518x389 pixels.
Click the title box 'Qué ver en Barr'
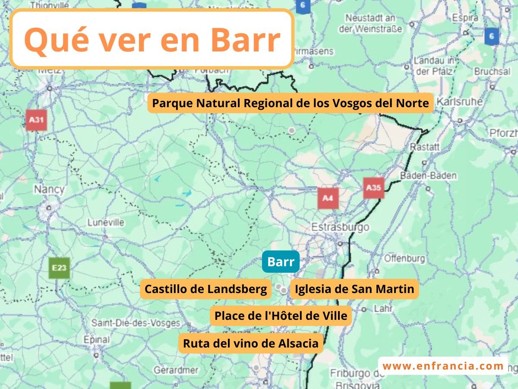pos(152,39)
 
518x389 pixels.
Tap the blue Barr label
pos(281,262)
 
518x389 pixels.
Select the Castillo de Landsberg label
pos(205,289)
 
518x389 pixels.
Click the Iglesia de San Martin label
pos(354,289)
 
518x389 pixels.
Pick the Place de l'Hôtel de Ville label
pos(281,316)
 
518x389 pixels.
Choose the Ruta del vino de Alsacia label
pos(250,344)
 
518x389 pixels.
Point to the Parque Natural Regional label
pos(290,103)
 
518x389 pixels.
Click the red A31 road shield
pos(36,120)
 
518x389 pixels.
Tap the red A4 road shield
pos(328,198)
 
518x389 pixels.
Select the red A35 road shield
pos(373,188)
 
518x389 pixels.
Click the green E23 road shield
pos(59,268)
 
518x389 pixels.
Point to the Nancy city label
pos(49,189)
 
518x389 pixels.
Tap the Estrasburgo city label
pos(340,226)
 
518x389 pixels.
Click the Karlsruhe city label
pos(459,102)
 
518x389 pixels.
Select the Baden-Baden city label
pos(428,176)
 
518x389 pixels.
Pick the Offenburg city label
pos(404,258)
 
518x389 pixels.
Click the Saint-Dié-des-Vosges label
pos(136,323)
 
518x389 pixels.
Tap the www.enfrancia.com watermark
pos(443,366)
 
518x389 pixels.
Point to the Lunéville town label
pos(106,223)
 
